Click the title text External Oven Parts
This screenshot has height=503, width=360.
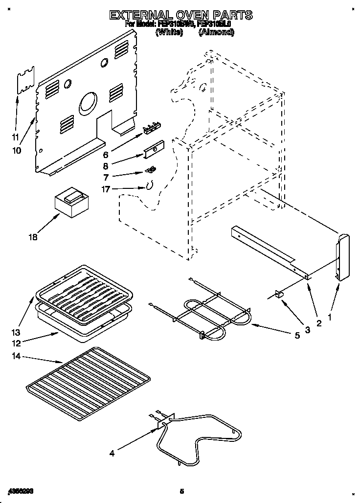(180, 15)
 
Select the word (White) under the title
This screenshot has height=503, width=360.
(169, 32)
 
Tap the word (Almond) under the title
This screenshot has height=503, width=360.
(216, 32)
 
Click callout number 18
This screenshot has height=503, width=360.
(33, 238)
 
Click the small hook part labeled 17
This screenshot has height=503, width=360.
(150, 185)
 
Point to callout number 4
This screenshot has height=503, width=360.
(112, 453)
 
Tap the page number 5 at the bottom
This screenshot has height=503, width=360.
(181, 491)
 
